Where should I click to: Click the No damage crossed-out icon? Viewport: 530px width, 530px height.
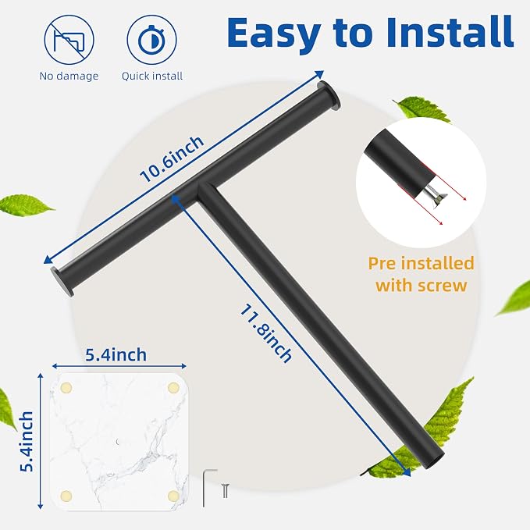69,40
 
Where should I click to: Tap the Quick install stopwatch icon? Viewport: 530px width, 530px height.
151,40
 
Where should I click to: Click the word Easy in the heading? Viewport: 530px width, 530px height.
274,33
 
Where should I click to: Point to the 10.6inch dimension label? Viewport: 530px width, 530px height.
172,159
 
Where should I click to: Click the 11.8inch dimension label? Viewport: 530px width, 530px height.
266,333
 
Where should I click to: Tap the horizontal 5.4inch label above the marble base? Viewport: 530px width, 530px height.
116,355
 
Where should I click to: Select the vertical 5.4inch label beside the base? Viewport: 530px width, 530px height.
27,442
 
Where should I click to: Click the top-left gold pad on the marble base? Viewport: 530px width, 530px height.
66,388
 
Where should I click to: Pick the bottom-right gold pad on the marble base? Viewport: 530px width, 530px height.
173,496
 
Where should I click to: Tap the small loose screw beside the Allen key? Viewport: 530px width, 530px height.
226,490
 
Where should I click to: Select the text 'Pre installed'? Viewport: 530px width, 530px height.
422,263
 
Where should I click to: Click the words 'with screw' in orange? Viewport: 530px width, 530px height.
422,286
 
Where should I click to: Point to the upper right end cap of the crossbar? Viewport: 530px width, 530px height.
329,95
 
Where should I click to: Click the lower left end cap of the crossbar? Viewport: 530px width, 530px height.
62,282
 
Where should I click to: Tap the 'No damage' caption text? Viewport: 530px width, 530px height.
69,76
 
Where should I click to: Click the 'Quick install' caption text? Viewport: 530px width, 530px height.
152,76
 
